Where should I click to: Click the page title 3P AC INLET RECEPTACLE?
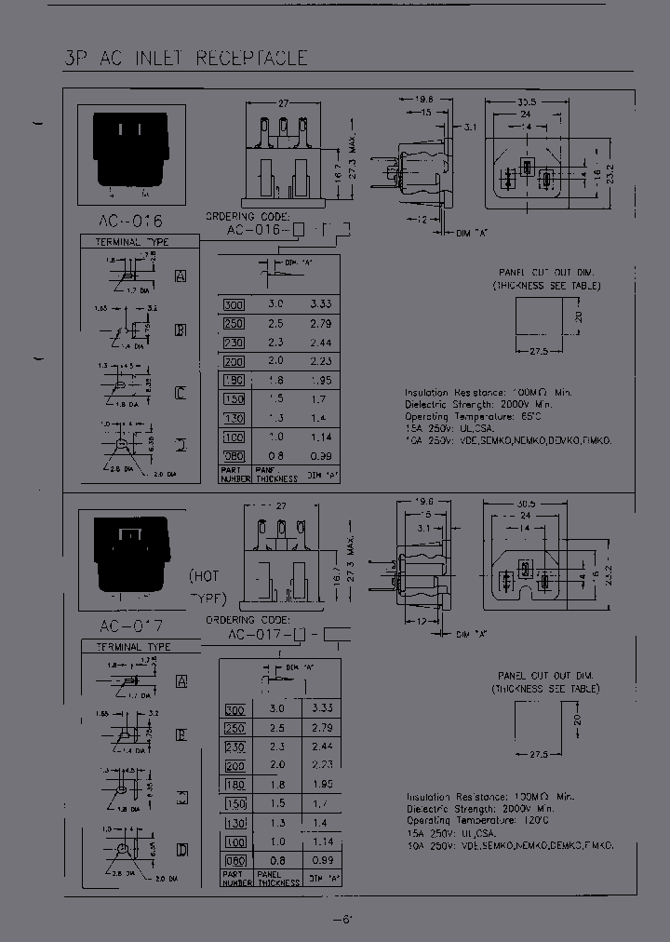pyautogui.click(x=185, y=58)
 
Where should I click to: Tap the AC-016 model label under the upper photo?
pyautogui.click(x=129, y=222)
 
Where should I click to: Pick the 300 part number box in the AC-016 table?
pyautogui.click(x=234, y=304)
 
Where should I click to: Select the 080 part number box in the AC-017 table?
pyautogui.click(x=234, y=860)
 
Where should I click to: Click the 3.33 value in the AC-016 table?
pyautogui.click(x=320, y=304)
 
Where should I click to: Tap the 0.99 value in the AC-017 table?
pyautogui.click(x=320, y=860)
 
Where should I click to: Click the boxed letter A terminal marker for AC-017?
pyautogui.click(x=182, y=681)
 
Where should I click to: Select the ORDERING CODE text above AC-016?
pyautogui.click(x=246, y=216)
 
